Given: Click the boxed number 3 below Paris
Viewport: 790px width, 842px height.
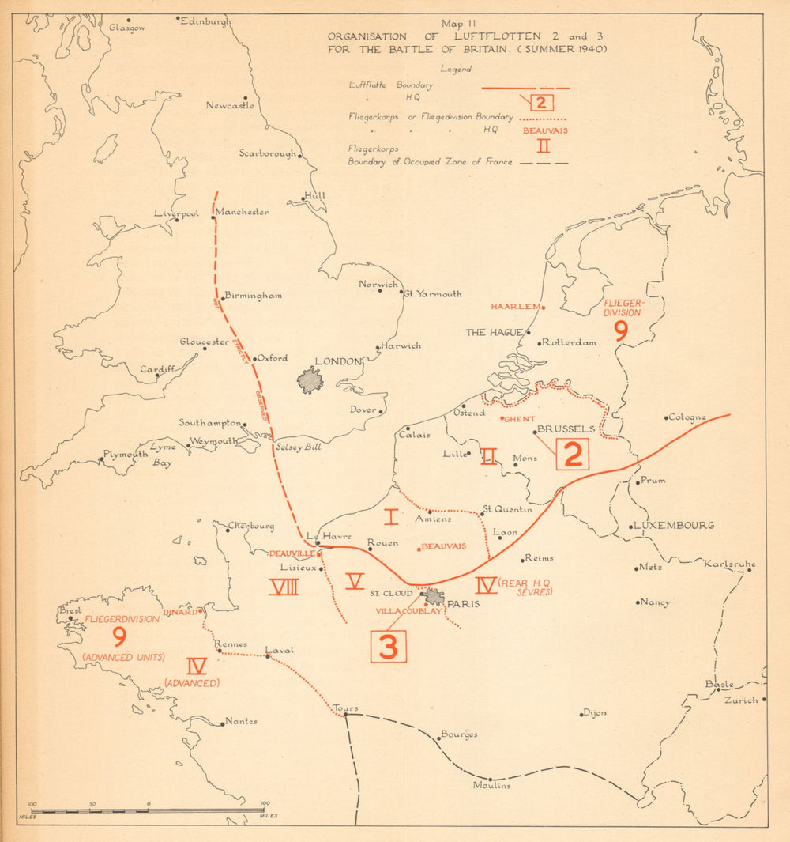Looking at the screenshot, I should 388,645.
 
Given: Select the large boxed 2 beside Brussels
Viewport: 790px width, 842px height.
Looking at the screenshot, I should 574,454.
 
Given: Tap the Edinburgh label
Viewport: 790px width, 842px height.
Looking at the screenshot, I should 205,22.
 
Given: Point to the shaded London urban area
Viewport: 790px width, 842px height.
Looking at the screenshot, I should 310,380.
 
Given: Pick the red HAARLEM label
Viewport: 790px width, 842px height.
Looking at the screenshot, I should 514,307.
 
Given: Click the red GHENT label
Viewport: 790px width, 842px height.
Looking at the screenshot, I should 520,419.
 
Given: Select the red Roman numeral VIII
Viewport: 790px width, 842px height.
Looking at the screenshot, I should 283,587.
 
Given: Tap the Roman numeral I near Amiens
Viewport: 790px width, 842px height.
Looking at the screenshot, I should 391,518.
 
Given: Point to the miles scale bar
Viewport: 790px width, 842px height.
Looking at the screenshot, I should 148,810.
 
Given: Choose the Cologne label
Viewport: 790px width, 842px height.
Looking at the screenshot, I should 687,417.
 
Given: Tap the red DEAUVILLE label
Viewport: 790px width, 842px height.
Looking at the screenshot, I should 292,553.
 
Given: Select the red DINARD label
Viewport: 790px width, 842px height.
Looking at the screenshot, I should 180,612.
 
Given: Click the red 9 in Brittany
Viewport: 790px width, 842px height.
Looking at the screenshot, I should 120,636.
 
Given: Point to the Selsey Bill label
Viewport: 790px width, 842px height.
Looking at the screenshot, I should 299,447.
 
